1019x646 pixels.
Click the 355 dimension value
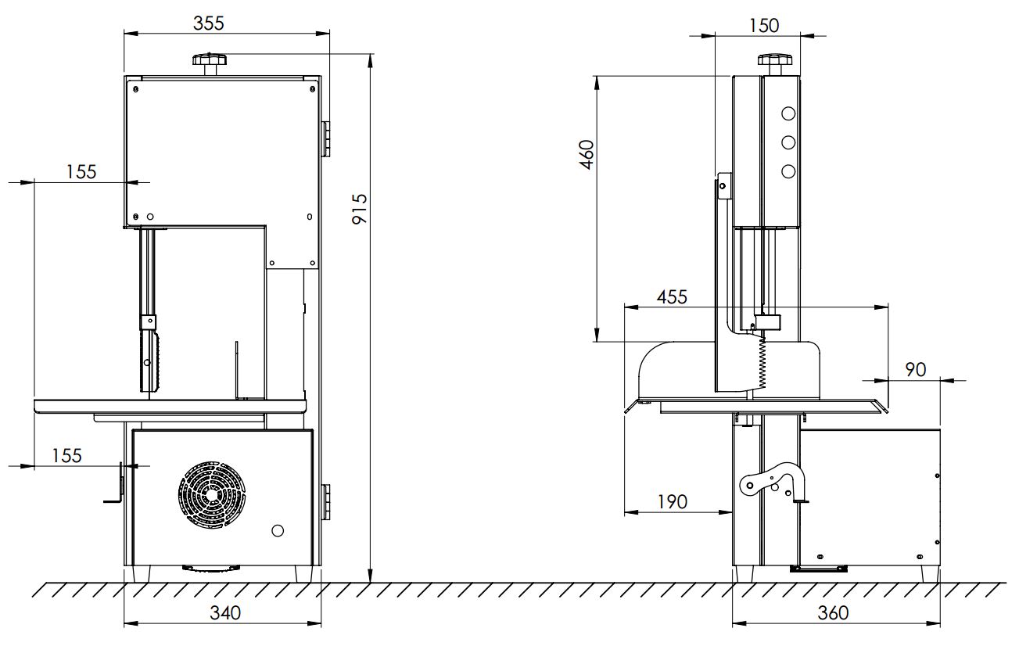coord(209,23)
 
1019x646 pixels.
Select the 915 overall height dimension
coord(360,209)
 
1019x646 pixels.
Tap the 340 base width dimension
coord(225,613)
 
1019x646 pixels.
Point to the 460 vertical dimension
coord(587,155)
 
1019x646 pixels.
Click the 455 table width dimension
coord(672,297)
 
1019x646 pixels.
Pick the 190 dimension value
coord(673,502)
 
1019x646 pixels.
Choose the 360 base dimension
coord(834,613)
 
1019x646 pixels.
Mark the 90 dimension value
coord(916,369)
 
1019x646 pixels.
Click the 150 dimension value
coord(764,26)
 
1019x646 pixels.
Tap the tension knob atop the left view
coord(210,63)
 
